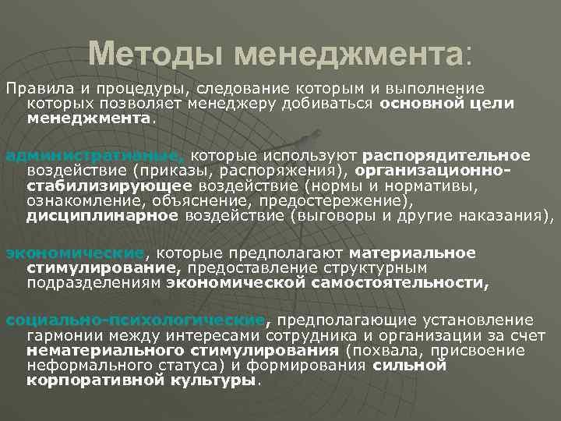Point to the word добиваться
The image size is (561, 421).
(330, 104)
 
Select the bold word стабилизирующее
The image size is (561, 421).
(109, 186)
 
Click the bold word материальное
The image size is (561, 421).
(412, 253)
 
